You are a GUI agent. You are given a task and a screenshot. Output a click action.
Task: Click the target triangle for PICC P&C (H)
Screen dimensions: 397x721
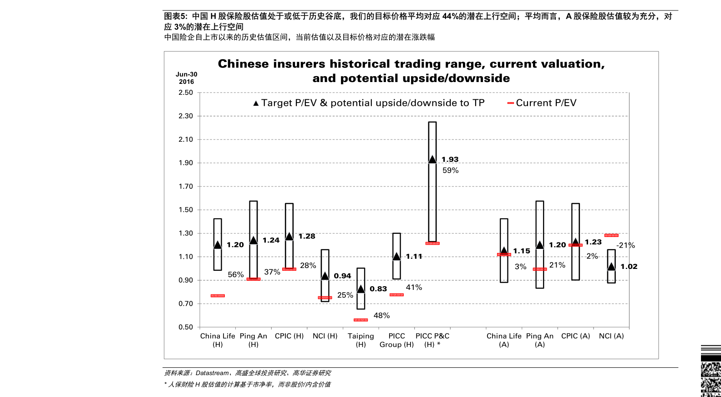(432, 159)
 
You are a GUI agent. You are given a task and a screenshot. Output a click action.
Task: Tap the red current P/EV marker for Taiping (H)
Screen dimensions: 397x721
(360, 320)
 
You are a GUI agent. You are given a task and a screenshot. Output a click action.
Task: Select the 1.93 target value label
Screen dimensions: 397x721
(450, 160)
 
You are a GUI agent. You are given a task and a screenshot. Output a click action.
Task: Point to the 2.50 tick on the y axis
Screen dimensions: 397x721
(186, 93)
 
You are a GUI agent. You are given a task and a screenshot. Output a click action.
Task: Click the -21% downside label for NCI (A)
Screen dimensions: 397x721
(626, 245)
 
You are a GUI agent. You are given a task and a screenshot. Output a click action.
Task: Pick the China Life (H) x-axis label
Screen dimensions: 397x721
(218, 340)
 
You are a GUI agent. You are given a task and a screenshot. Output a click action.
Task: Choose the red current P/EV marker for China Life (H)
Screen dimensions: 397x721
(218, 296)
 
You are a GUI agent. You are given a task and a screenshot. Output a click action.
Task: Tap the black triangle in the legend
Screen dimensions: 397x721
(256, 103)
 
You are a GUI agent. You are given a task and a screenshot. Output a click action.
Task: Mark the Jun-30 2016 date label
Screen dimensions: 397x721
(187, 78)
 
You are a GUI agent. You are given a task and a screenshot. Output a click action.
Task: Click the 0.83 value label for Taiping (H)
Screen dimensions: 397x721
(378, 289)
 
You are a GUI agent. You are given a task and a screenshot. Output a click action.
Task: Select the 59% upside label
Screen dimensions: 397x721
(451, 170)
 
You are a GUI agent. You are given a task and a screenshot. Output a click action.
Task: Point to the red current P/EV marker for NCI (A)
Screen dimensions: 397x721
(611, 235)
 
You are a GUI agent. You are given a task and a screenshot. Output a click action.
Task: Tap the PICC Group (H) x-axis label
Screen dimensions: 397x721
(396, 340)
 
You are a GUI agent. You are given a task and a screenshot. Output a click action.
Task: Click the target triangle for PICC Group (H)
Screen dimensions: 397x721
(396, 257)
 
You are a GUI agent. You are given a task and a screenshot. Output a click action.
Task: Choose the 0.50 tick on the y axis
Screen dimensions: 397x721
(186, 327)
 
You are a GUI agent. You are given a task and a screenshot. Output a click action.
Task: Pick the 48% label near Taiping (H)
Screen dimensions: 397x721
(381, 315)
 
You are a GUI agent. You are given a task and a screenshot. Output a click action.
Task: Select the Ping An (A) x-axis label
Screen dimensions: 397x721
(540, 340)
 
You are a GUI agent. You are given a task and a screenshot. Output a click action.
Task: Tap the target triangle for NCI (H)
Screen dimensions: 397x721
(325, 276)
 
